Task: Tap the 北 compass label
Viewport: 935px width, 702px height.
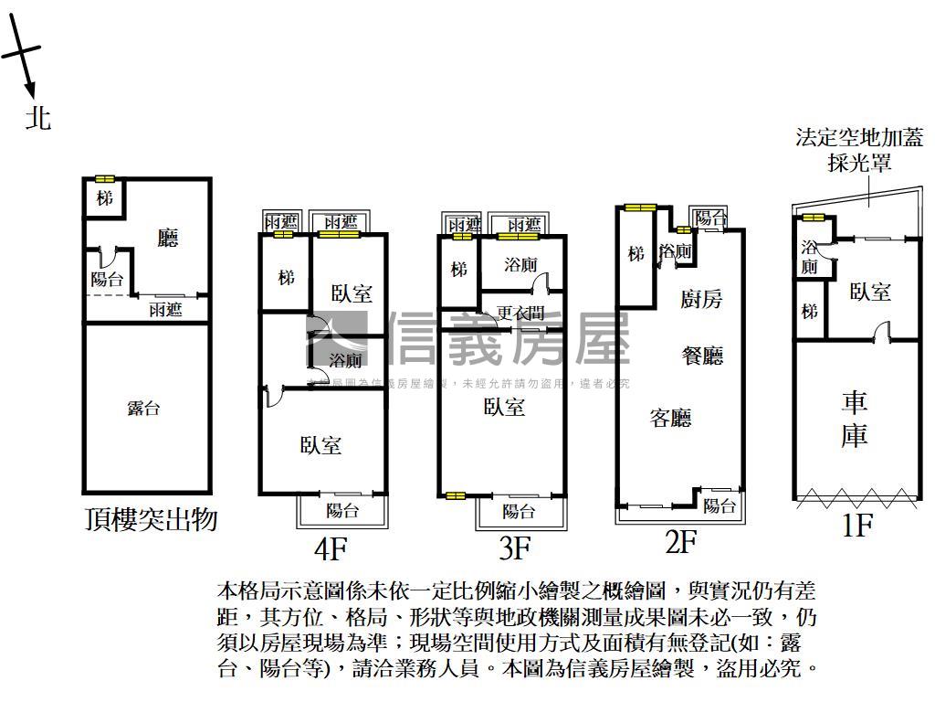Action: [x=37, y=117]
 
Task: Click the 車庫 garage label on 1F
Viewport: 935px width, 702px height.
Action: [x=855, y=419]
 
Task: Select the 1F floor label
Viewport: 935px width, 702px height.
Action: [x=856, y=526]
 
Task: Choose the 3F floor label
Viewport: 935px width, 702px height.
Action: [x=515, y=548]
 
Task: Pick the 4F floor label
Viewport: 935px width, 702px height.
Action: [x=331, y=548]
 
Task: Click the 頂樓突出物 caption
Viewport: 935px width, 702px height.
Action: [x=151, y=520]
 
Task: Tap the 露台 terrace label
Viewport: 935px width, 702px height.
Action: [x=144, y=409]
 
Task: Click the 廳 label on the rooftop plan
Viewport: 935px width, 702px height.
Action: [x=167, y=239]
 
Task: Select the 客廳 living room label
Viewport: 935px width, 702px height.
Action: [x=670, y=419]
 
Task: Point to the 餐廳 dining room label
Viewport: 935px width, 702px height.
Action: [x=702, y=356]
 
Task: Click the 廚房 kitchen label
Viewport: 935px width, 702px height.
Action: [x=701, y=299]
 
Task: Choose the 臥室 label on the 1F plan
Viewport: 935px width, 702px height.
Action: [x=870, y=292]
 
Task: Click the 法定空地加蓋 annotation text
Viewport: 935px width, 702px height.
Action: [x=859, y=138]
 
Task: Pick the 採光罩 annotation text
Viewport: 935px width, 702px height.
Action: [x=859, y=164]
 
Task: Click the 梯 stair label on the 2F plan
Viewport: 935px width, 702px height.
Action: [x=636, y=253]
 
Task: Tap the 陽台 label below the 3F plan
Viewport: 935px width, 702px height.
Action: [x=519, y=511]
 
